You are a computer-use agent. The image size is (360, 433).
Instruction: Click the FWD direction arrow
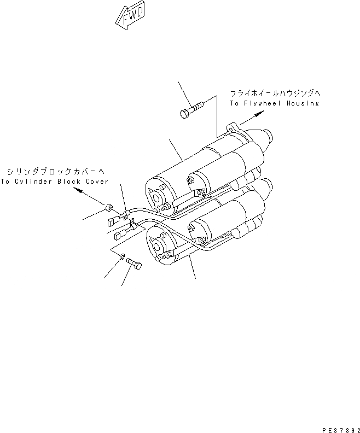pos(129,18)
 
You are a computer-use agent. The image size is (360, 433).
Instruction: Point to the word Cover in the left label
pos(96,182)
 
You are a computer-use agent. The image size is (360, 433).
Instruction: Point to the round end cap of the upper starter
pos(158,191)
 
